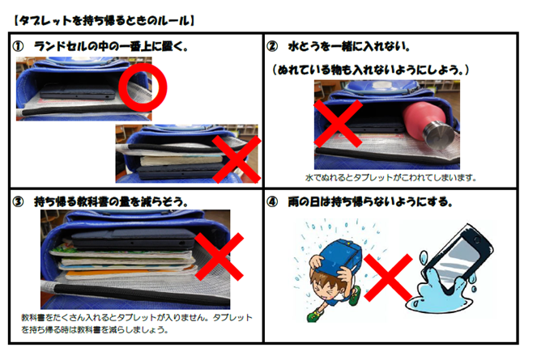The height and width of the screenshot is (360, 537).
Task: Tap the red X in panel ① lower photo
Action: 237,159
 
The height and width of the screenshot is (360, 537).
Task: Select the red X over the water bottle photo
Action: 338,124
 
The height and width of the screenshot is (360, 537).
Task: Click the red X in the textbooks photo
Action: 219,256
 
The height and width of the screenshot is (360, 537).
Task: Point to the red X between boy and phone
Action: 388,277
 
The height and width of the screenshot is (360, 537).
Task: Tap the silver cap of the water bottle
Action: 438,134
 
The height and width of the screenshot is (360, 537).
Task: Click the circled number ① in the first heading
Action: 18,46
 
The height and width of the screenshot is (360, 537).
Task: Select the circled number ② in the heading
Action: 272,46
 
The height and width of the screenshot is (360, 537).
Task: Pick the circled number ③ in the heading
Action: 18,202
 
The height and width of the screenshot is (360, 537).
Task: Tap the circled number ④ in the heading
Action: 272,202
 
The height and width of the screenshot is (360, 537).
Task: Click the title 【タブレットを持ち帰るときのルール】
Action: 104,21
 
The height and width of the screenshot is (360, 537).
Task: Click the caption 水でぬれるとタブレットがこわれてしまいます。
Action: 390,178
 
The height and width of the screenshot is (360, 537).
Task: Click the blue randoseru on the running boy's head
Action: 340,255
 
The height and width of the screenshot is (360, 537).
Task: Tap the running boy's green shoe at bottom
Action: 315,316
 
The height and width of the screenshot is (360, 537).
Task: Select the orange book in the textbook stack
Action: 130,274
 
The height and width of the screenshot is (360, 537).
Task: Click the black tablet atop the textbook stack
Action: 133,239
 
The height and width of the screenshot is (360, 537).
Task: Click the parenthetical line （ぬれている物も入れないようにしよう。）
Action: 370,70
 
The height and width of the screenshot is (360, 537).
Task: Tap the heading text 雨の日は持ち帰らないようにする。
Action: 370,202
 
